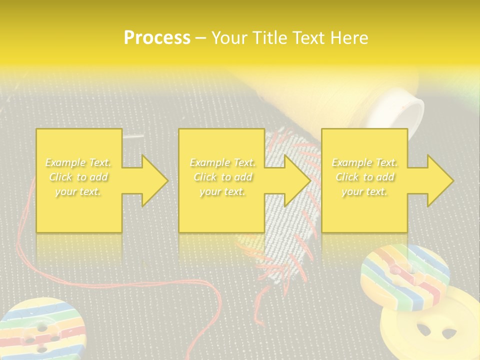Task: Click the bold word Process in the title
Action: [x=157, y=38]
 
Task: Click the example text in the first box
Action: [x=78, y=177]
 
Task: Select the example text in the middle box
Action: [x=222, y=177]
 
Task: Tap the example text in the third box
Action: [x=364, y=177]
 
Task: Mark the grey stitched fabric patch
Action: [x=280, y=250]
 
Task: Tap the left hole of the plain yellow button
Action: [x=423, y=329]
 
